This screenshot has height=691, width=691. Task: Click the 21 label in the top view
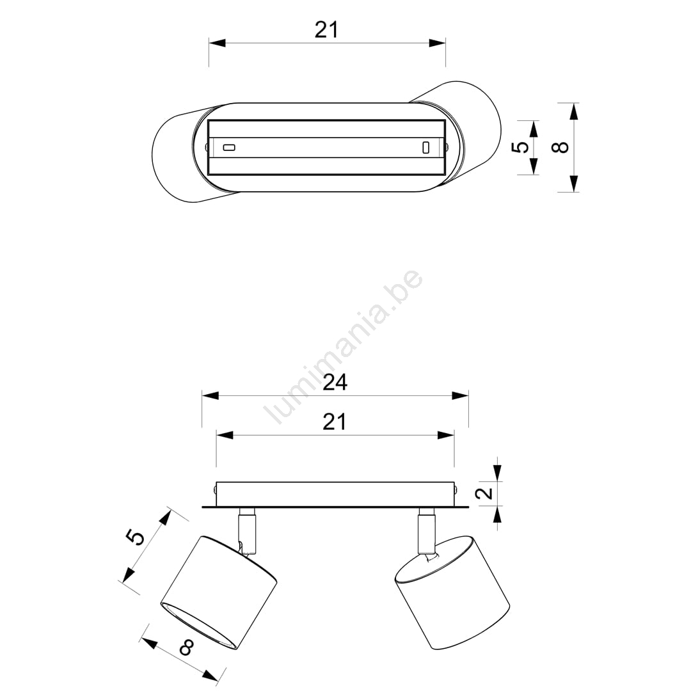(326, 30)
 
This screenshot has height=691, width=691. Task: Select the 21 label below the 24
(335, 422)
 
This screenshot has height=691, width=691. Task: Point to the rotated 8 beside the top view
(560, 147)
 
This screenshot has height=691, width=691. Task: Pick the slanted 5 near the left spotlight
(136, 537)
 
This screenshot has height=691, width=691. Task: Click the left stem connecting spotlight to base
(247, 532)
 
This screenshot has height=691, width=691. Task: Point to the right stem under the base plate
(426, 532)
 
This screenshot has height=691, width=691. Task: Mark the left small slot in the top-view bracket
(229, 148)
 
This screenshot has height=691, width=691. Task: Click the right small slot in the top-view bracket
(425, 147)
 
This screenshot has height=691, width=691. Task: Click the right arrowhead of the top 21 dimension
(437, 43)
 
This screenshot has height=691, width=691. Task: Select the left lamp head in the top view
(177, 154)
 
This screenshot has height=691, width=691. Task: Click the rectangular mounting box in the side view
(335, 493)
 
